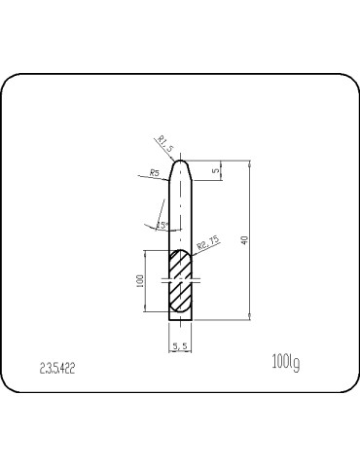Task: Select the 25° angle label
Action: coord(162,226)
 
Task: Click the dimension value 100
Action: coord(140,282)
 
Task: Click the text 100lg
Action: coord(285,364)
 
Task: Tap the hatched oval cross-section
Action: coord(181,282)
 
